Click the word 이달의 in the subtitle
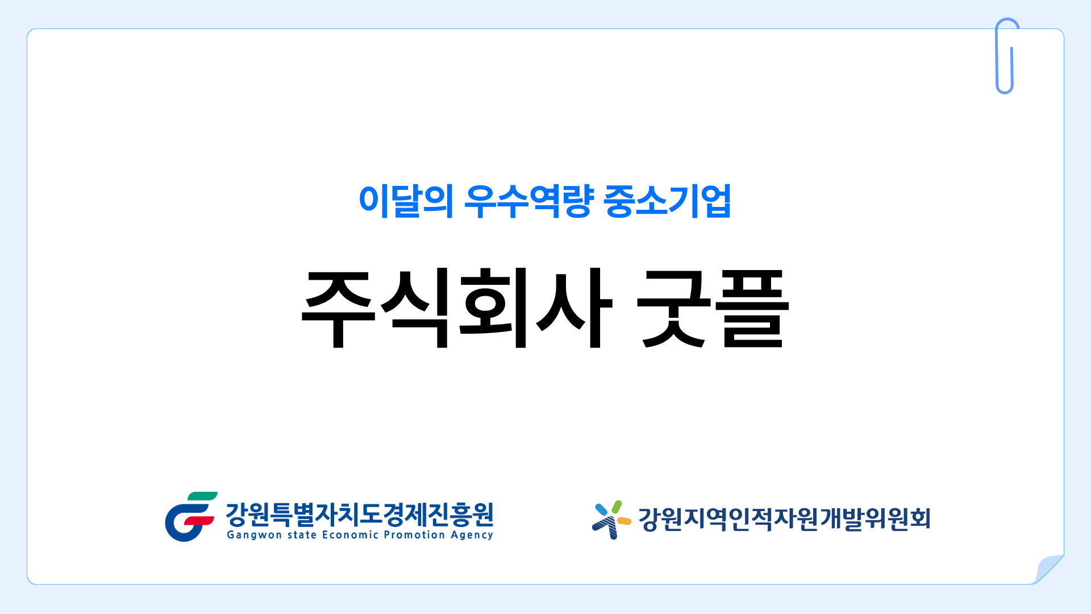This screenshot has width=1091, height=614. click(406, 201)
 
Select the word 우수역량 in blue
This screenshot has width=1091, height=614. click(529, 201)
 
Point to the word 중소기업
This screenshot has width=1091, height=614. click(668, 201)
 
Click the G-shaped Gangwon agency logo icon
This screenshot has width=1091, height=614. click(191, 517)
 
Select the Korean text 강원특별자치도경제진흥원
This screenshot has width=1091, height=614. click(360, 515)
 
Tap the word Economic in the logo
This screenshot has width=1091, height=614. click(350, 534)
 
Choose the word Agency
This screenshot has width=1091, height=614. click(472, 535)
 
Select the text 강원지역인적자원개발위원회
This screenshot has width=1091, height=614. click(785, 518)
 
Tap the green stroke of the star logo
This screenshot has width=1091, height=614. click(617, 507)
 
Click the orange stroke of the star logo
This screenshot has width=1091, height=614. click(624, 521)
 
